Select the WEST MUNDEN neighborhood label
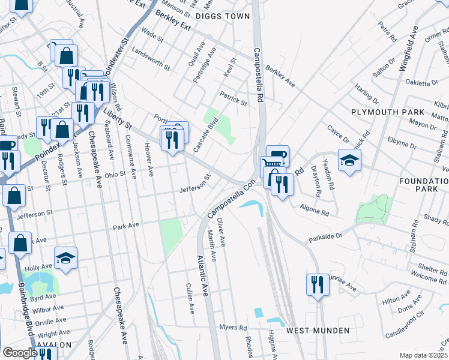(x=318, y=331)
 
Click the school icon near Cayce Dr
(x=350, y=160)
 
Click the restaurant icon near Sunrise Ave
(x=318, y=284)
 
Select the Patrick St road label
(x=233, y=99)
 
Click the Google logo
(x=19, y=353)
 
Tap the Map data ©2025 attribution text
(x=423, y=355)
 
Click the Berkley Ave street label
(x=280, y=76)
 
